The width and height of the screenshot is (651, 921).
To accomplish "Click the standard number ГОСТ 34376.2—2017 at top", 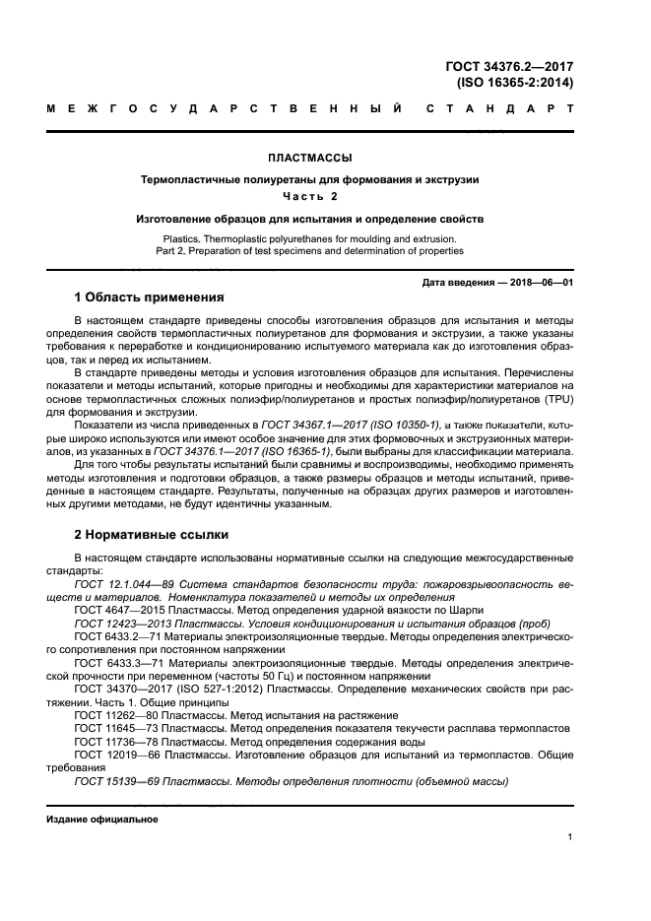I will coord(509,67).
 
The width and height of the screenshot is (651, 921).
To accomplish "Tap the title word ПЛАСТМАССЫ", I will coord(310,157).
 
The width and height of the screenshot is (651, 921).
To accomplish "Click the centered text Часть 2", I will coord(310,196).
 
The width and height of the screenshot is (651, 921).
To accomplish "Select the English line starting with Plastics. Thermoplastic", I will coord(310,238).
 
